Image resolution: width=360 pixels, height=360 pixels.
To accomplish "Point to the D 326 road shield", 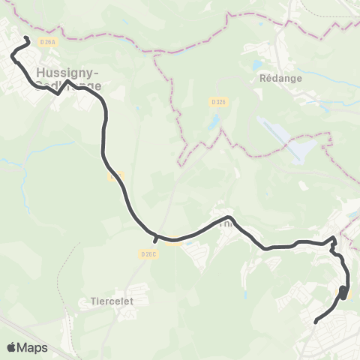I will point(218,102).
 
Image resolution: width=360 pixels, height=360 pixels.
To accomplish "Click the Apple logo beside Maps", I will point(11,347).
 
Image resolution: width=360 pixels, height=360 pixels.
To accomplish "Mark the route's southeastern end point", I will point(316,322).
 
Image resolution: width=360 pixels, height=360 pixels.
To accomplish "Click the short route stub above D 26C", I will point(155,240).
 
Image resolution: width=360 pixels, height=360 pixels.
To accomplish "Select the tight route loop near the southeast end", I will point(343,291).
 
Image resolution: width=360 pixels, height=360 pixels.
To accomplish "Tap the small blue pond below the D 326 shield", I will point(214,120).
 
